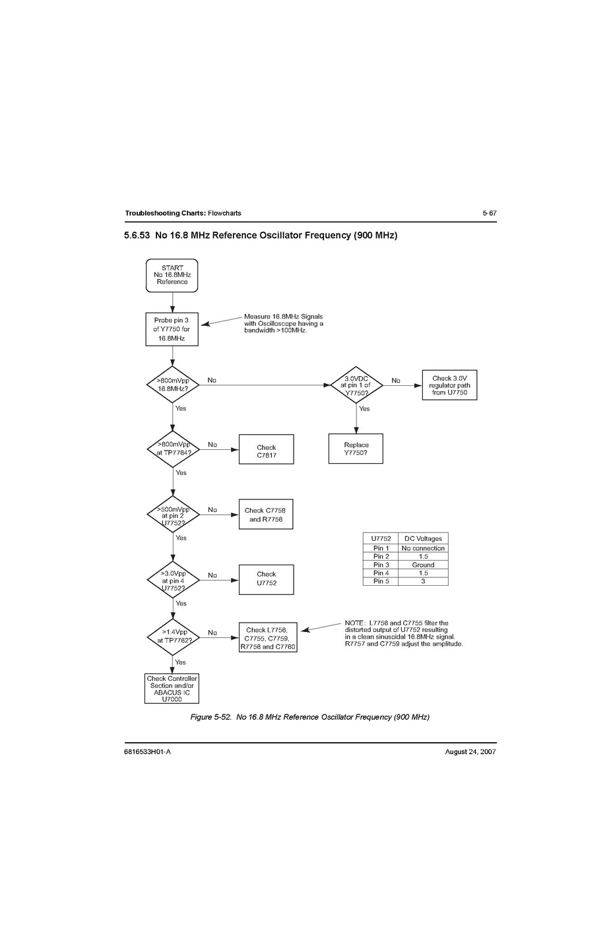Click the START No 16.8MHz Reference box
point(172,275)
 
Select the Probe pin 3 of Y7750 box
point(172,329)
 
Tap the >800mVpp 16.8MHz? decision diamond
point(173,385)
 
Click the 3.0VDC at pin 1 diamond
point(356,385)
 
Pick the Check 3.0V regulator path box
point(449,385)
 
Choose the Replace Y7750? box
point(356,449)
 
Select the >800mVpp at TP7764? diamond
point(173,449)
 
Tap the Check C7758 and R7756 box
point(265,515)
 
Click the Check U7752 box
point(266,579)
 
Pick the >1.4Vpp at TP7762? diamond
point(173,637)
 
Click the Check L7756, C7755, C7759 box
point(267,638)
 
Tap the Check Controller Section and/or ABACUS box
point(172,688)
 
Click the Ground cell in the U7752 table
point(423,565)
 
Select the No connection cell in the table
point(423,548)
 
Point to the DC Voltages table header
point(423,538)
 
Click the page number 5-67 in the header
point(489,213)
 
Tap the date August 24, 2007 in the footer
point(470,751)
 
